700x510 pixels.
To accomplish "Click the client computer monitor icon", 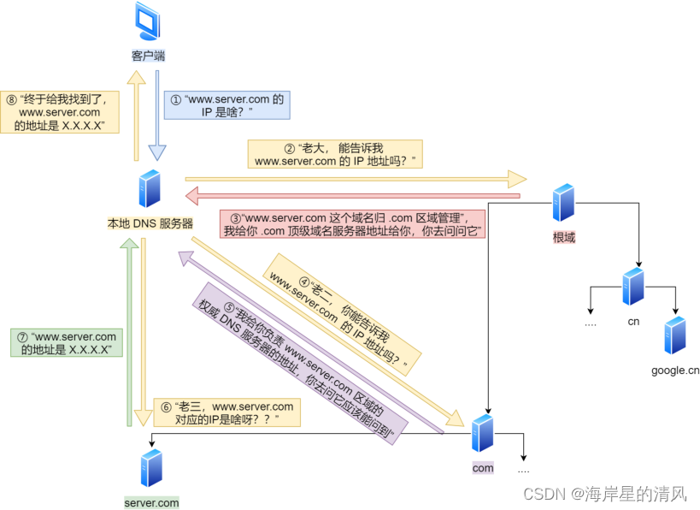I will (147, 23).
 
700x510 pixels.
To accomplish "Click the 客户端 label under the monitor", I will (148, 56).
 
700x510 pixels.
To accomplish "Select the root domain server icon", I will (562, 203).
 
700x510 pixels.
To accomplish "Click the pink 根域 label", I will (563, 237).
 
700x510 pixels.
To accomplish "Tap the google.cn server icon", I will (675, 335).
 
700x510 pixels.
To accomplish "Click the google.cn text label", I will (675, 370).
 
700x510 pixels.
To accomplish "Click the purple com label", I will (483, 468).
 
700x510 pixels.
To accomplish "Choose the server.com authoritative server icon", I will (151, 467).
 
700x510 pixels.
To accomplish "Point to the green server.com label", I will (151, 502).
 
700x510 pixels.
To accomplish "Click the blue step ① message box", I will (226, 106).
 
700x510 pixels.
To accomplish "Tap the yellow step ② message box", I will (334, 154).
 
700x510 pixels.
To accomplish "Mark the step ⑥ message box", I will (227, 413).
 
